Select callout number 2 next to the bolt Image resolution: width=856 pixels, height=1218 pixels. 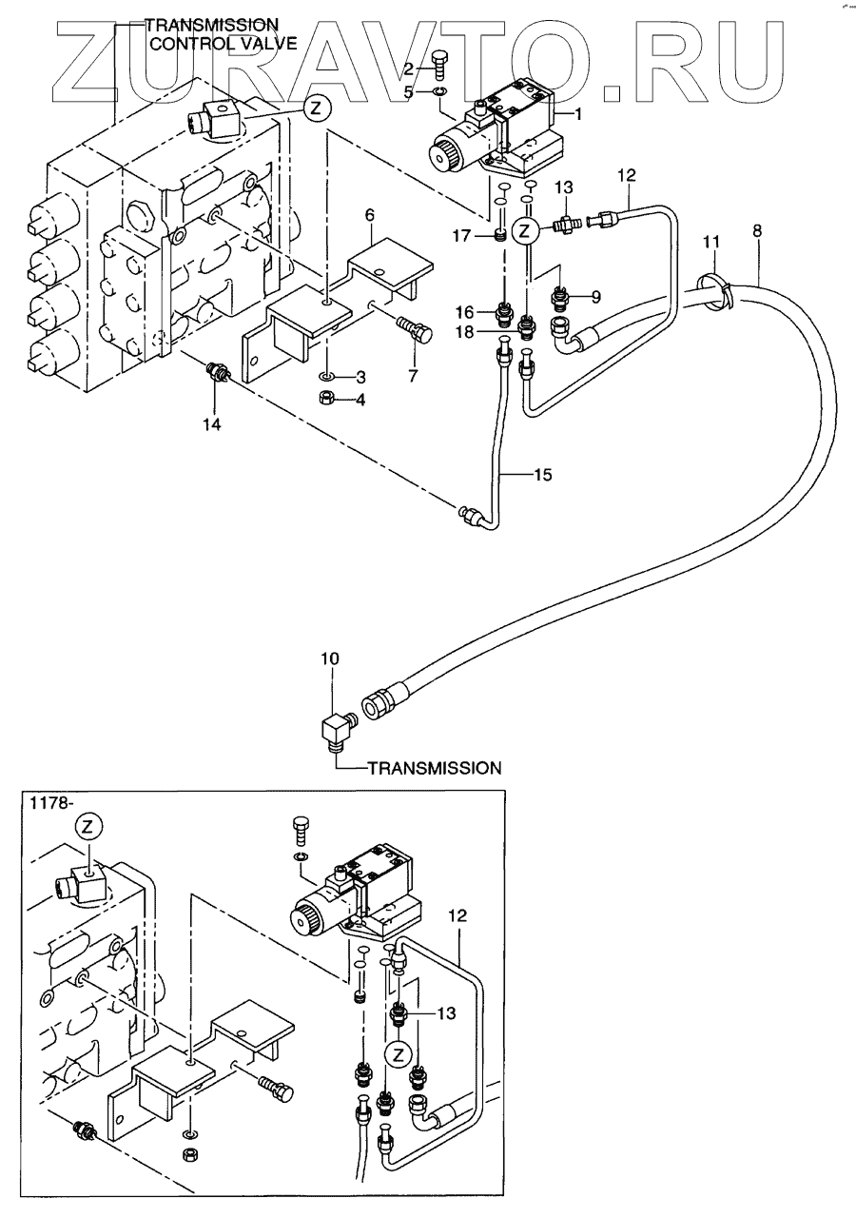[409, 68]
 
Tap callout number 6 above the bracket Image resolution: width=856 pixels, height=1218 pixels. [370, 216]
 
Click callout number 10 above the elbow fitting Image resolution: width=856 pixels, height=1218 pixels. [329, 658]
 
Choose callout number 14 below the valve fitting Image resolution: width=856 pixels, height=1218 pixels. [211, 424]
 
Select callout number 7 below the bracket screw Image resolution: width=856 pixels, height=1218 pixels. [413, 377]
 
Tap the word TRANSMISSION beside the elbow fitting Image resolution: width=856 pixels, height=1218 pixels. [434, 767]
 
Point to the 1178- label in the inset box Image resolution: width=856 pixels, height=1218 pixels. [48, 802]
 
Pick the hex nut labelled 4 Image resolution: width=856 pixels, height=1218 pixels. [326, 398]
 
